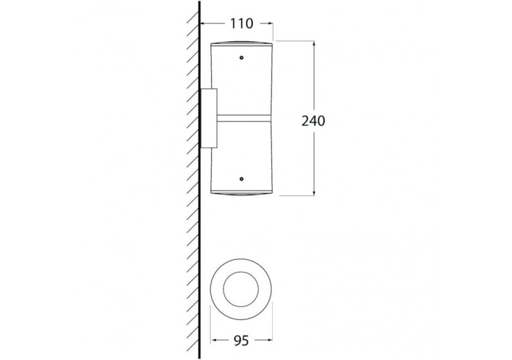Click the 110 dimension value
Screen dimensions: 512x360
tap(242, 23)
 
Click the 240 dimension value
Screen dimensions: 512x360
tap(313, 121)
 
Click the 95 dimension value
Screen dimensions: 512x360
tap(241, 341)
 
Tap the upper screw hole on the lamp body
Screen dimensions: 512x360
tap(241, 58)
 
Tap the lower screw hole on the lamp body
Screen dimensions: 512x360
tap(241, 179)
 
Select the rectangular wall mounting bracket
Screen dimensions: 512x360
tap(209, 118)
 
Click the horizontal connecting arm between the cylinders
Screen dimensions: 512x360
tap(244, 118)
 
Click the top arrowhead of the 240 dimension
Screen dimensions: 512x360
tap(314, 44)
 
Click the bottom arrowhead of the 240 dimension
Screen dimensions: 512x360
tap(314, 192)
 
